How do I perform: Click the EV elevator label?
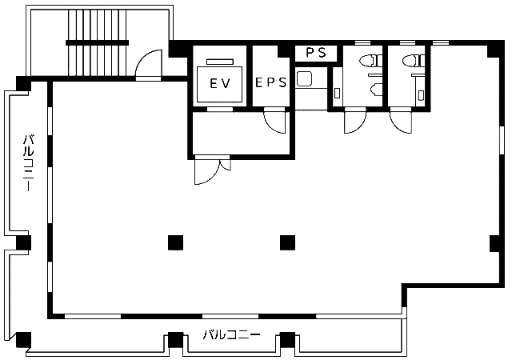[x=220, y=84]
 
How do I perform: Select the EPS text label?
[x=270, y=82]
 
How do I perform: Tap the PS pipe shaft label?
[x=316, y=53]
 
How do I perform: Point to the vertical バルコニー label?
[x=29, y=162]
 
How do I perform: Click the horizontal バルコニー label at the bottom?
[x=231, y=335]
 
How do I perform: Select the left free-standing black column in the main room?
[x=176, y=242]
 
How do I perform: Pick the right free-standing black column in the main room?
[x=288, y=242]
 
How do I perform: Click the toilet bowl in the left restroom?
[x=371, y=61]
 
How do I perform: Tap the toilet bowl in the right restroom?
[x=414, y=61]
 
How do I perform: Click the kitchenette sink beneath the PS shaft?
[x=305, y=78]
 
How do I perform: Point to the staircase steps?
[x=98, y=42]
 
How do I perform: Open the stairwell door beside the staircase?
[x=149, y=65]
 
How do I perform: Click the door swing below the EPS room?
[x=275, y=121]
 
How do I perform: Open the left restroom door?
[x=355, y=121]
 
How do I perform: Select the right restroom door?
[x=401, y=121]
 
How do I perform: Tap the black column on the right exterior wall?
[x=494, y=243]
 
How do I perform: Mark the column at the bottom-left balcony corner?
[x=23, y=339]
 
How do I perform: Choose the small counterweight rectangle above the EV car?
[x=220, y=62]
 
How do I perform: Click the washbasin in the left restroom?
[x=377, y=90]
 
